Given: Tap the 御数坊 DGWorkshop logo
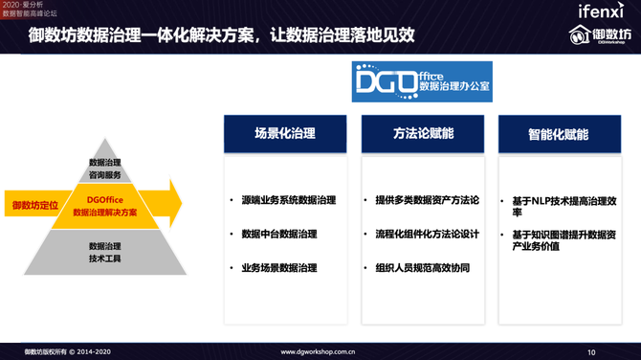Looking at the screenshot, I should pyautogui.click(x=603, y=35).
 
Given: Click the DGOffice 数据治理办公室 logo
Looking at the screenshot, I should pyautogui.click(x=422, y=81).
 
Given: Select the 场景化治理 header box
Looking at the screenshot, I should pyautogui.click(x=285, y=134).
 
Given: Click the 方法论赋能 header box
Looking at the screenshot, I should pyautogui.click(x=423, y=134).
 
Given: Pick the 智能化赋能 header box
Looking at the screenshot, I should pyautogui.click(x=559, y=134).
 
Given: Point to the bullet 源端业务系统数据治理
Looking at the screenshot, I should pyautogui.click(x=288, y=201).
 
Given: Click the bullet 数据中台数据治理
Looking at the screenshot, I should pyautogui.click(x=278, y=234).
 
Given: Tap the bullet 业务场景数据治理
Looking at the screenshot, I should pyautogui.click(x=278, y=268).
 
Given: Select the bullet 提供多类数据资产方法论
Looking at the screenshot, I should pyautogui.click(x=427, y=201).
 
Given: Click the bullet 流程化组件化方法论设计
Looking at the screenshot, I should pyautogui.click(x=427, y=234).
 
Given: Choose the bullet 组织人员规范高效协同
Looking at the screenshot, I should pyautogui.click(x=422, y=268).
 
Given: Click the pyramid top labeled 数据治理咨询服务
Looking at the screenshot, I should pyautogui.click(x=105, y=169).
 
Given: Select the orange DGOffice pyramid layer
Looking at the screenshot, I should pyautogui.click(x=104, y=206).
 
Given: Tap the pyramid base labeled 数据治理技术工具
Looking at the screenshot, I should pyautogui.click(x=105, y=252).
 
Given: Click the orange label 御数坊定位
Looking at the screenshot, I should pyautogui.click(x=35, y=205).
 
